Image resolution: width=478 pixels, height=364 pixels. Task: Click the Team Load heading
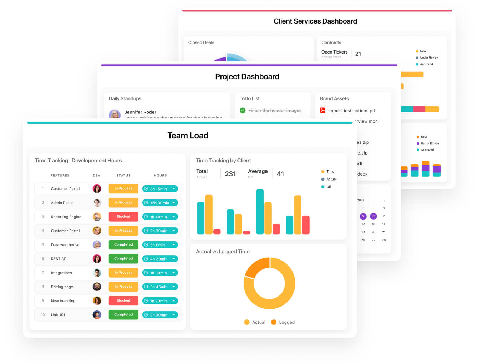(x=188, y=136)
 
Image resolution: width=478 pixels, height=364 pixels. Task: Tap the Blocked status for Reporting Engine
(x=123, y=217)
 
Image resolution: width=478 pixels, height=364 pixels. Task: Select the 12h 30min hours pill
(x=159, y=203)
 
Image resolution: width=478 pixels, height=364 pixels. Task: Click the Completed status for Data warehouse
(x=123, y=244)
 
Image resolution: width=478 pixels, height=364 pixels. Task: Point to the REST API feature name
(x=59, y=259)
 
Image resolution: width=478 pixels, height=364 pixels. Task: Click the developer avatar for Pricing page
(x=97, y=287)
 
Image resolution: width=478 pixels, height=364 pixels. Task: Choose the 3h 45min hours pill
(x=159, y=287)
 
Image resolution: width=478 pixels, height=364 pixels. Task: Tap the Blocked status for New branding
(x=123, y=300)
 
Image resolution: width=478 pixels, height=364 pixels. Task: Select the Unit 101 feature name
(x=58, y=315)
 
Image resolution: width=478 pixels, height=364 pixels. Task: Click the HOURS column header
(x=161, y=175)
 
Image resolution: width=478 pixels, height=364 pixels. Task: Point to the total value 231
(x=230, y=174)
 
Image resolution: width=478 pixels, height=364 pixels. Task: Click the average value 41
(x=280, y=174)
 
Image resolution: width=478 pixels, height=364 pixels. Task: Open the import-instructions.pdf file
(x=352, y=111)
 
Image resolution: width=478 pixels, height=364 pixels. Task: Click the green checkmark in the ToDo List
(x=243, y=111)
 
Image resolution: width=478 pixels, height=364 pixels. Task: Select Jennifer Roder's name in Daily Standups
(x=140, y=112)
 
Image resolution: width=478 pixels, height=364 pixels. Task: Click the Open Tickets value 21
(x=358, y=54)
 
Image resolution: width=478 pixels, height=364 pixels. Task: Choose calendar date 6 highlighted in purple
(x=373, y=216)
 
